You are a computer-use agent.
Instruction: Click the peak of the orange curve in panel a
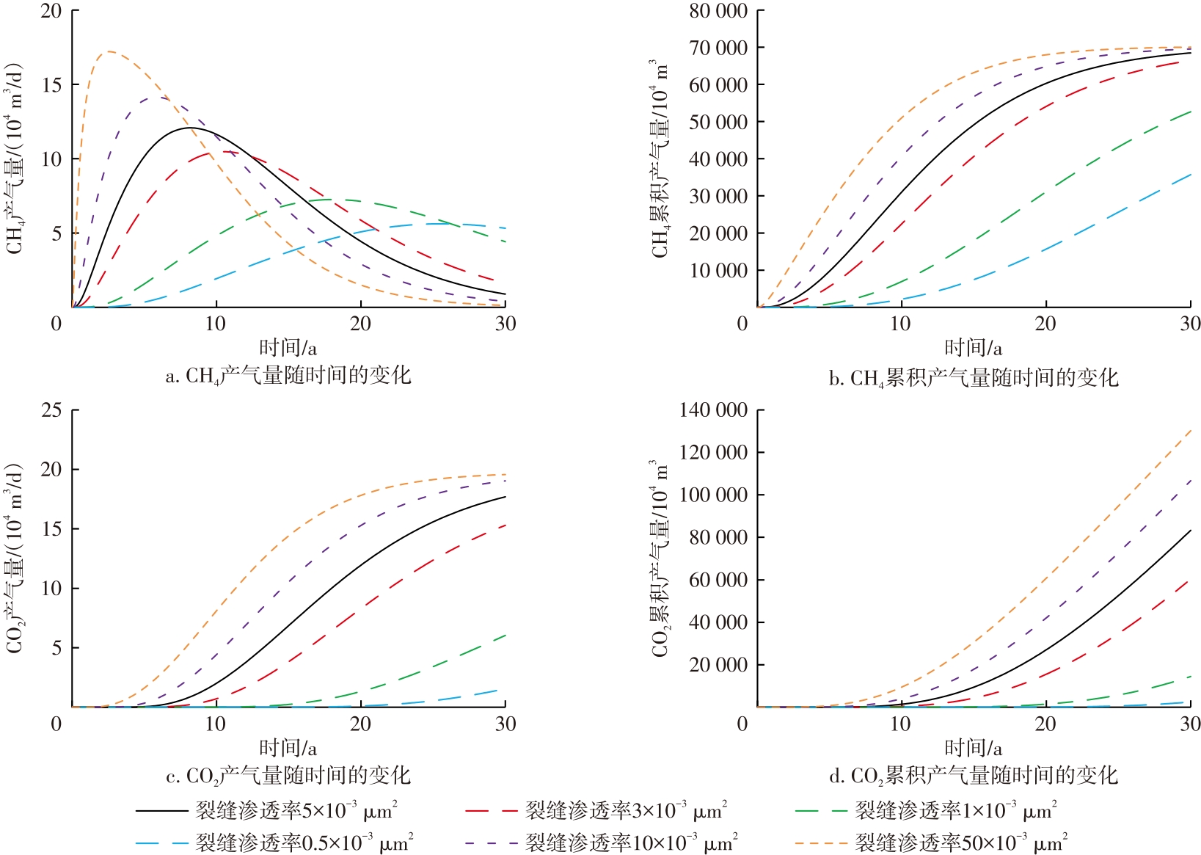tap(109, 51)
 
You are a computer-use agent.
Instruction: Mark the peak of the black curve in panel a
tap(191, 128)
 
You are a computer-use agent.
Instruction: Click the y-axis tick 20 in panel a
tap(51, 12)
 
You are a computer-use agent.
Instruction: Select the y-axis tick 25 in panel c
tap(51, 410)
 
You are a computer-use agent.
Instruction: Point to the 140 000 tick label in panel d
tap(712, 410)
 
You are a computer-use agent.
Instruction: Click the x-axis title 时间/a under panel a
tap(288, 347)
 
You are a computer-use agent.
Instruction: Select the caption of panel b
tap(973, 378)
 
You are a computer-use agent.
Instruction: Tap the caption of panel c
tap(288, 776)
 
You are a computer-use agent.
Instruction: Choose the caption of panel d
tap(973, 776)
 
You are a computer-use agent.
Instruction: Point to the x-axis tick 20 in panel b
tap(1045, 324)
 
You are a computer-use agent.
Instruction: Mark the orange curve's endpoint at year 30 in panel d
tap(1190, 430)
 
